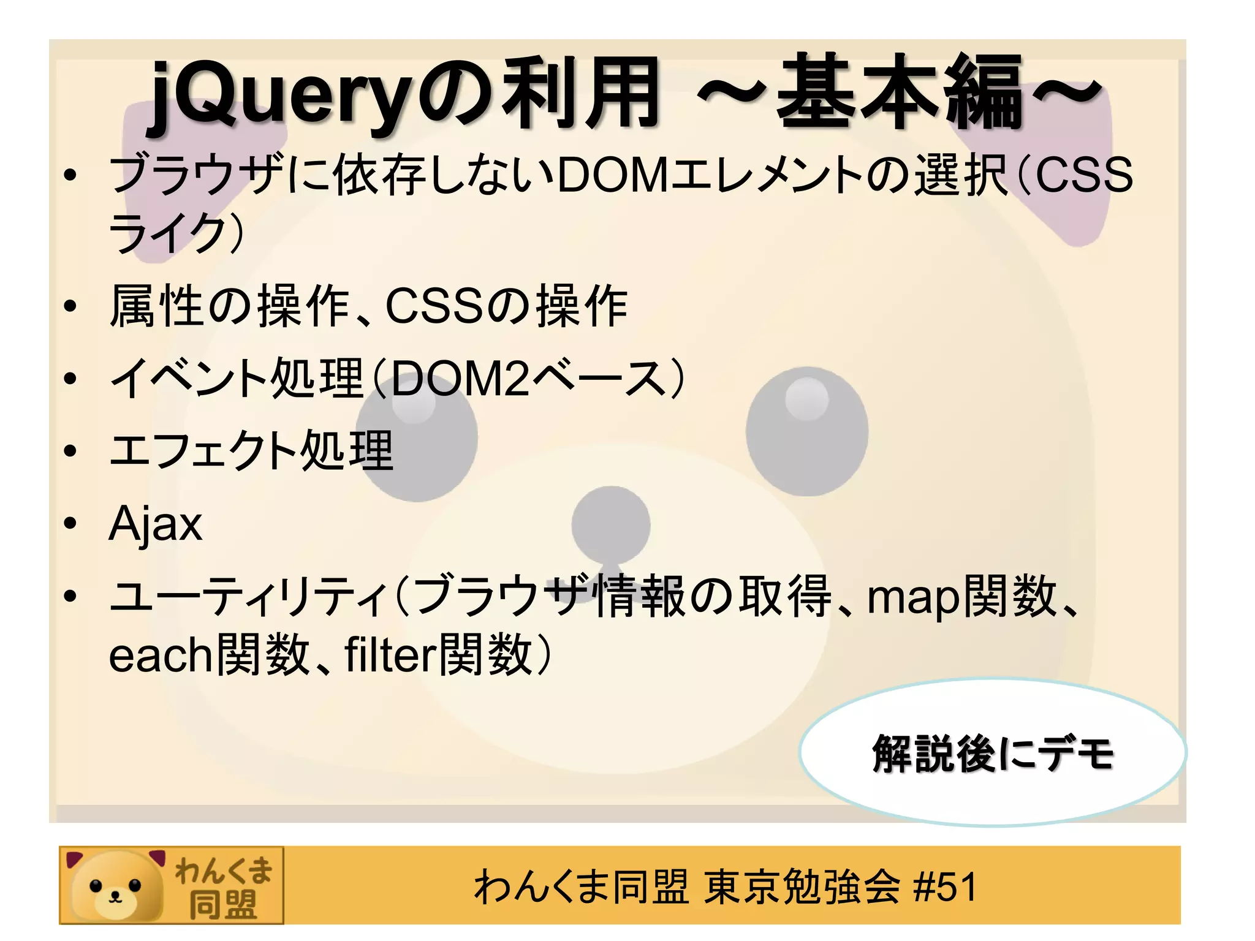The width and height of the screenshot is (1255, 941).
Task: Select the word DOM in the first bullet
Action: [x=613, y=176]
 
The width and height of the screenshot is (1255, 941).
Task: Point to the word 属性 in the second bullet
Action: [x=157, y=306]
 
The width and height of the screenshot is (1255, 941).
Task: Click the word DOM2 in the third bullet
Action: [x=460, y=378]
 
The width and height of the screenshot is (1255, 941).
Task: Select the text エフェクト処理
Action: [x=251, y=450]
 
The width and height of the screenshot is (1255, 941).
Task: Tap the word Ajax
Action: [x=156, y=524]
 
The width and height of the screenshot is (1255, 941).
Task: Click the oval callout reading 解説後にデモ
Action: [x=993, y=753]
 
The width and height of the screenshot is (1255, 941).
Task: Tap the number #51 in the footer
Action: [x=944, y=887]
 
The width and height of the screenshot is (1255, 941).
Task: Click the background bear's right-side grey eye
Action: [x=806, y=431]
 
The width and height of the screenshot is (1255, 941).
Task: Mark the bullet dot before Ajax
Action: [x=71, y=524]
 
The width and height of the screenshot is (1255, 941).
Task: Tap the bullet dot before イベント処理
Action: [x=71, y=378]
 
